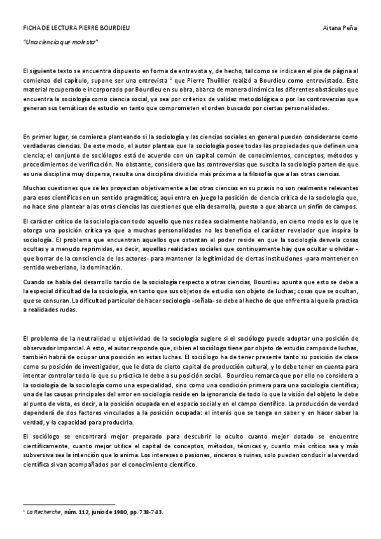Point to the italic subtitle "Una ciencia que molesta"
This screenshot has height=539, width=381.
(x=60, y=42)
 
